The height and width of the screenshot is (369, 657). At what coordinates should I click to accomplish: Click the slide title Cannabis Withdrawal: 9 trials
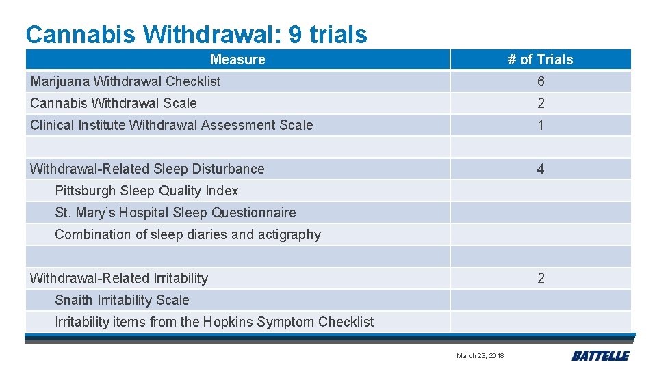click(196, 34)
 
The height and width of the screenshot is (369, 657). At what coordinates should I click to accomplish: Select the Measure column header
click(237, 59)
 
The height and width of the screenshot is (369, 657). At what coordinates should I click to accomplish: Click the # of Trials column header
click(540, 59)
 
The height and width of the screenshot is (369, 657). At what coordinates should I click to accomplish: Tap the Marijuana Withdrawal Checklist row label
click(125, 81)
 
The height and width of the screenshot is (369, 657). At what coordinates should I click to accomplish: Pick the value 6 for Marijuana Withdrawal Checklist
click(541, 81)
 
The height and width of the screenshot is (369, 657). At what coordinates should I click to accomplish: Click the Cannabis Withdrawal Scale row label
click(114, 103)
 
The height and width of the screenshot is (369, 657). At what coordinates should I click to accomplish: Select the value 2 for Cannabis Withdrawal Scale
click(541, 103)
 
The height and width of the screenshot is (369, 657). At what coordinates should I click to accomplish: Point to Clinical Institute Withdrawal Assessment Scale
click(171, 125)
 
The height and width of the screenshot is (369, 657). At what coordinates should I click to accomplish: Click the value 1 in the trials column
click(541, 125)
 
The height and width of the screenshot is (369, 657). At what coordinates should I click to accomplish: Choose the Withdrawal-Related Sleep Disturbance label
click(147, 169)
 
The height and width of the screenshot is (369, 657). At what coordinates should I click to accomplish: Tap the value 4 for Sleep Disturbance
click(541, 169)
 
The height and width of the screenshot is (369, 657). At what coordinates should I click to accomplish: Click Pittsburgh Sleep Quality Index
click(146, 191)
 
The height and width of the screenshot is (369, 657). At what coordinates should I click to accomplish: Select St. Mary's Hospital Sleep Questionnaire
click(175, 213)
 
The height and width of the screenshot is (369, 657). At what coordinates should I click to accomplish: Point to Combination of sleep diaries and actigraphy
click(188, 234)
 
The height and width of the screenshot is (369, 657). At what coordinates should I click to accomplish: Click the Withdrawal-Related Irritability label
click(119, 278)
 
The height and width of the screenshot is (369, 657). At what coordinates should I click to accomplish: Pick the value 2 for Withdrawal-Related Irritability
click(541, 278)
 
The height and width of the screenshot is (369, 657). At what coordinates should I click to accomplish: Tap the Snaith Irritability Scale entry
click(122, 300)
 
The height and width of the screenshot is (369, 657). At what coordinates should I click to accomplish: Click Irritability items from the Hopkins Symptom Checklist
click(214, 322)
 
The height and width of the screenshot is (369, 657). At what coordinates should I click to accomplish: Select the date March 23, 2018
click(480, 355)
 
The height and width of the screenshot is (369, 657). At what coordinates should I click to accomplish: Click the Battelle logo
click(600, 355)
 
